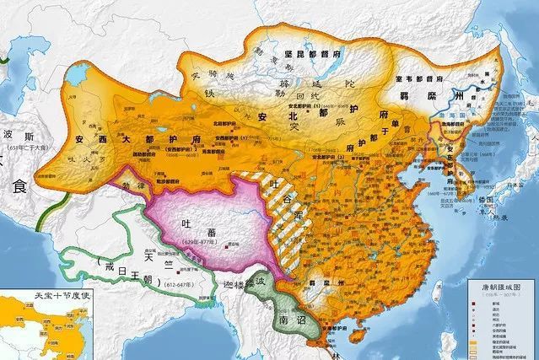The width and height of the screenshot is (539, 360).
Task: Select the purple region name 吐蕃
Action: click(x=195, y=226)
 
